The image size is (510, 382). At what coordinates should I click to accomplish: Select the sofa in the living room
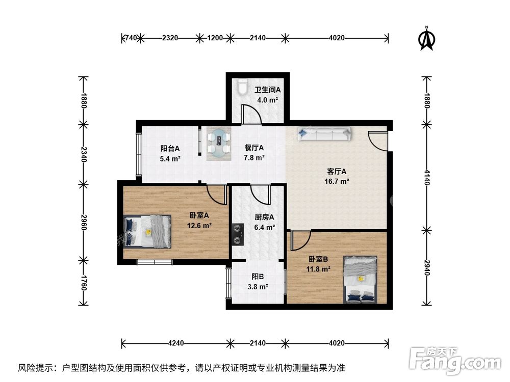pyautogui.click(x=325, y=134)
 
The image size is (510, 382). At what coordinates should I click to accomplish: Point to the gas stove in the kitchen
pyautogui.click(x=237, y=234)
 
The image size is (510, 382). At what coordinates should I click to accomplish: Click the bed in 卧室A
pyautogui.click(x=148, y=231)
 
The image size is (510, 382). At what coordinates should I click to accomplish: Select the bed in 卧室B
pyautogui.click(x=361, y=279)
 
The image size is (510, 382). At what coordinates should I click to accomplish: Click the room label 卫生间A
pyautogui.click(x=268, y=90)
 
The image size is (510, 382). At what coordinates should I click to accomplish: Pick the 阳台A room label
pyautogui.click(x=170, y=149)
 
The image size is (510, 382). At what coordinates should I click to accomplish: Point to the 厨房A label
pyautogui.click(x=265, y=216)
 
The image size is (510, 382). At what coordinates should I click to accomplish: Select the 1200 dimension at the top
pyautogui.click(x=215, y=38)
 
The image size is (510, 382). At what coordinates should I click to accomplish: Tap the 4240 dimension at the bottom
pyautogui.click(x=176, y=343)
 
